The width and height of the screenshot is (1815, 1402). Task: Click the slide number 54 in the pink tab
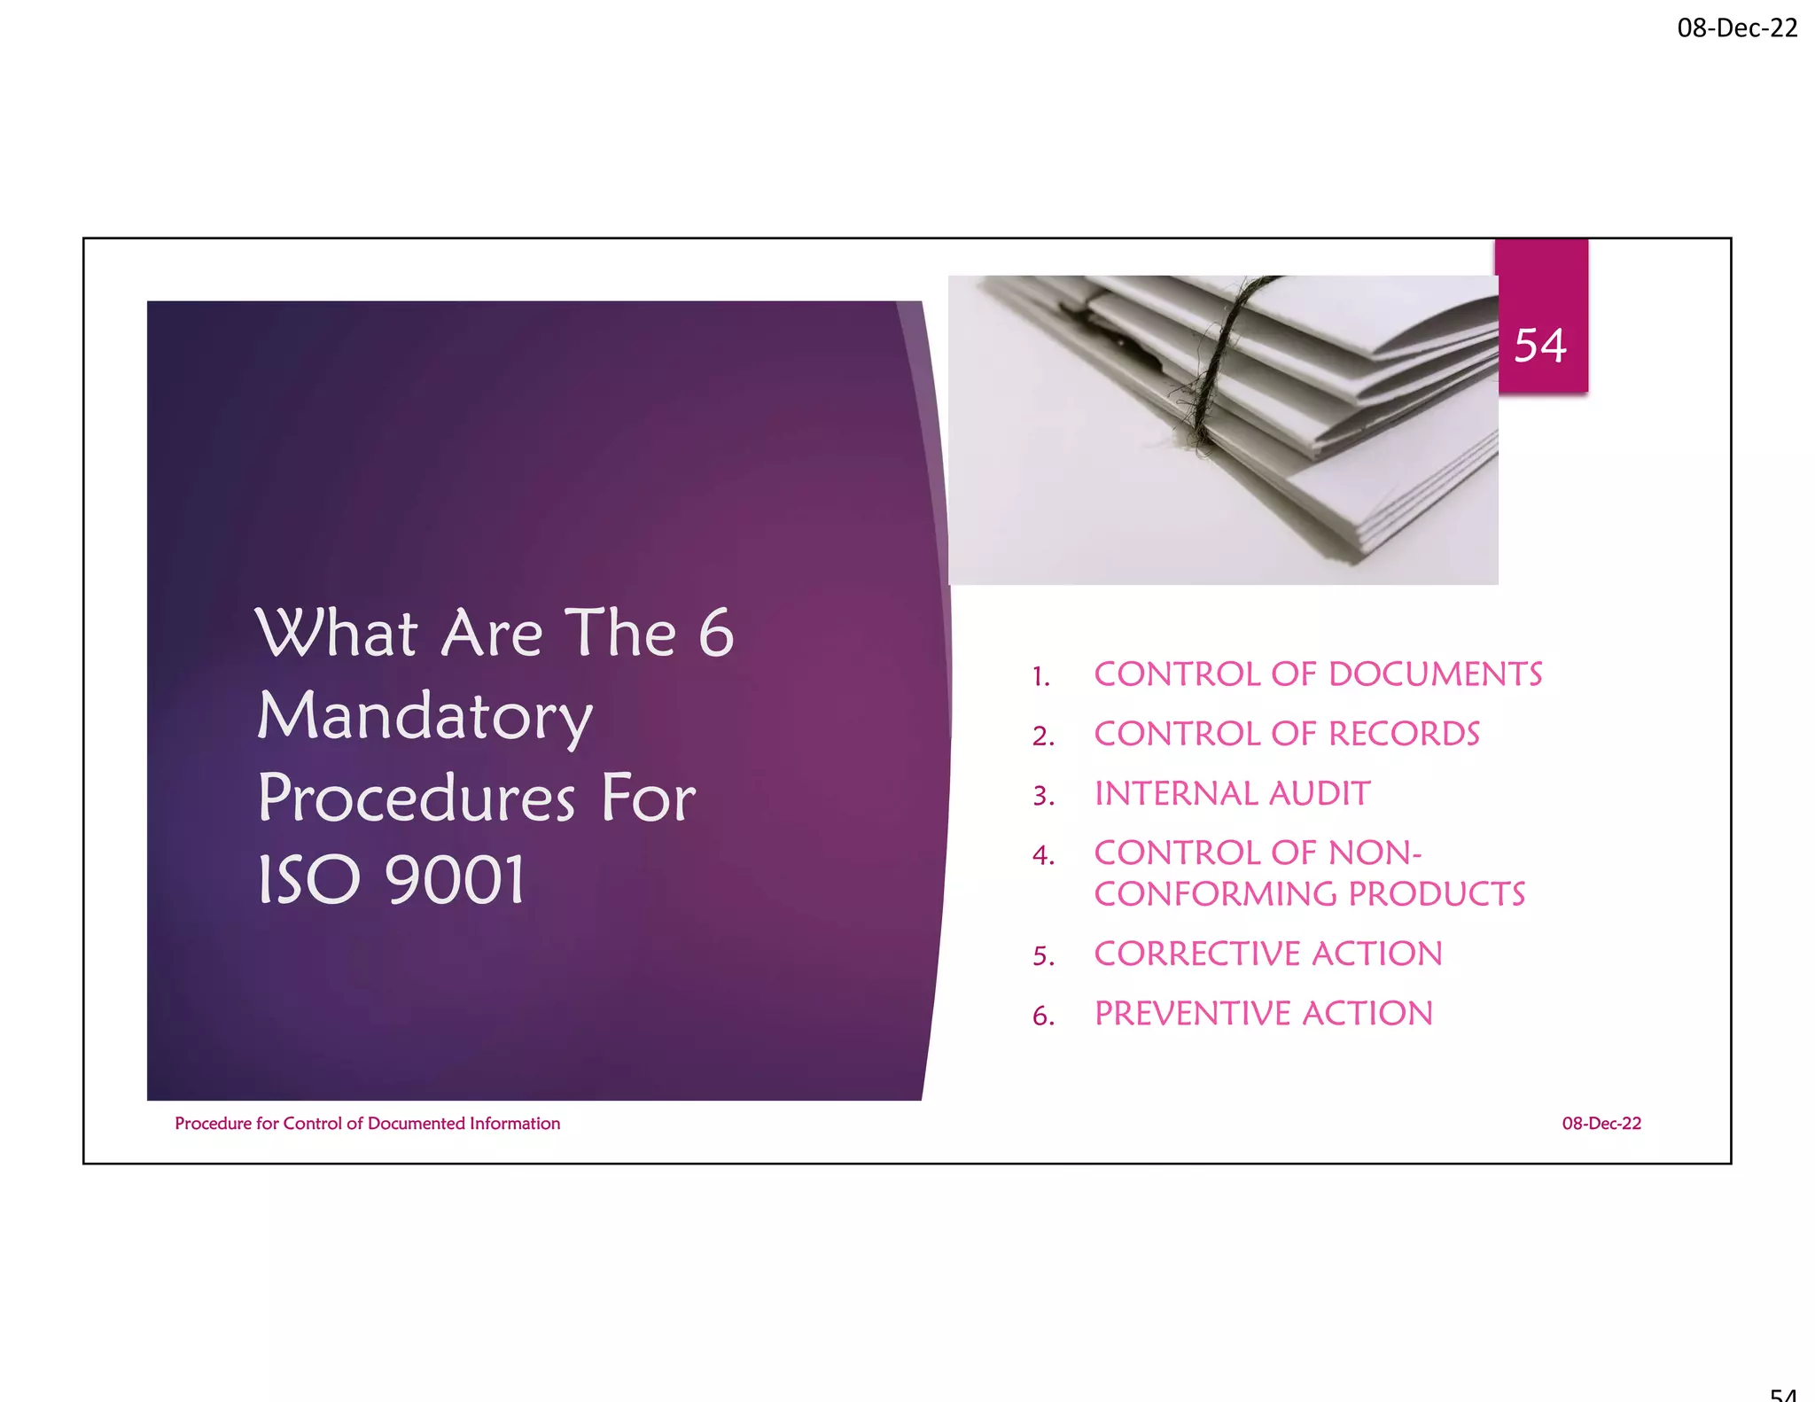[x=1540, y=346]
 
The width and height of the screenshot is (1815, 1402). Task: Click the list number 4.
[x=1043, y=855]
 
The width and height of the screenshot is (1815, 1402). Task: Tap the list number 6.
[x=1043, y=1016]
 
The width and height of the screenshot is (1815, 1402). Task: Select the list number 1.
[x=1041, y=677]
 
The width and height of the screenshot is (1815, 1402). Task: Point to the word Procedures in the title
[x=417, y=798]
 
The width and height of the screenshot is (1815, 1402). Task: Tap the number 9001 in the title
[x=456, y=879]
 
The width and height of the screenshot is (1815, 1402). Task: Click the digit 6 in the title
[x=716, y=633]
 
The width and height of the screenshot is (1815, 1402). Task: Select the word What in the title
[x=337, y=633]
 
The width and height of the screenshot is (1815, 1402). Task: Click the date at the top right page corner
[x=1737, y=28]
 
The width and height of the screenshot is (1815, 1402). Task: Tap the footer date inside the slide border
[x=1601, y=1124]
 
